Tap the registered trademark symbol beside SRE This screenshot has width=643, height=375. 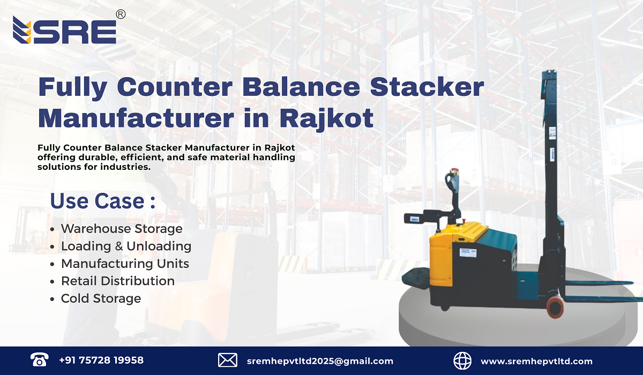coord(121,14)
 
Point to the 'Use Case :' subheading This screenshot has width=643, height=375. coord(102,201)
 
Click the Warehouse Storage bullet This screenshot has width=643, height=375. coord(122,229)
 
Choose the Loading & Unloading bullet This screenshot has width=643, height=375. coord(126,246)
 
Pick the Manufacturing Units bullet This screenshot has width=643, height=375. coord(125,264)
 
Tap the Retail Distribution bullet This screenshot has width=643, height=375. coord(118,281)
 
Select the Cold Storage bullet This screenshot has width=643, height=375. coord(101,298)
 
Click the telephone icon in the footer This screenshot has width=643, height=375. coord(39,360)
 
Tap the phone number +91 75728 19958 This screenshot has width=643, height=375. coord(101,361)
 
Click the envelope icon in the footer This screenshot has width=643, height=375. coord(228,361)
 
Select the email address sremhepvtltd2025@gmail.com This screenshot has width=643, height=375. coord(320,361)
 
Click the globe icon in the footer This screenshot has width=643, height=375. coord(462,361)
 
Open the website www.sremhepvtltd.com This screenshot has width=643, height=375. coord(536,361)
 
